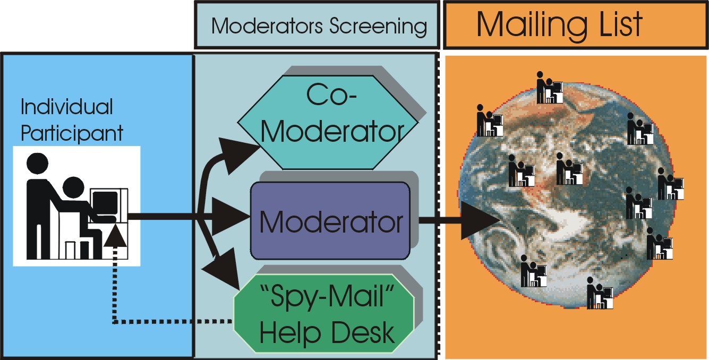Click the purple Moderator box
[330, 220]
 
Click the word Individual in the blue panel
[67, 107]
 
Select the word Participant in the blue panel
[72, 133]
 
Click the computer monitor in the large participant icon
[104, 203]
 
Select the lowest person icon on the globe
[599, 293]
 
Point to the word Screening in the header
[378, 25]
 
